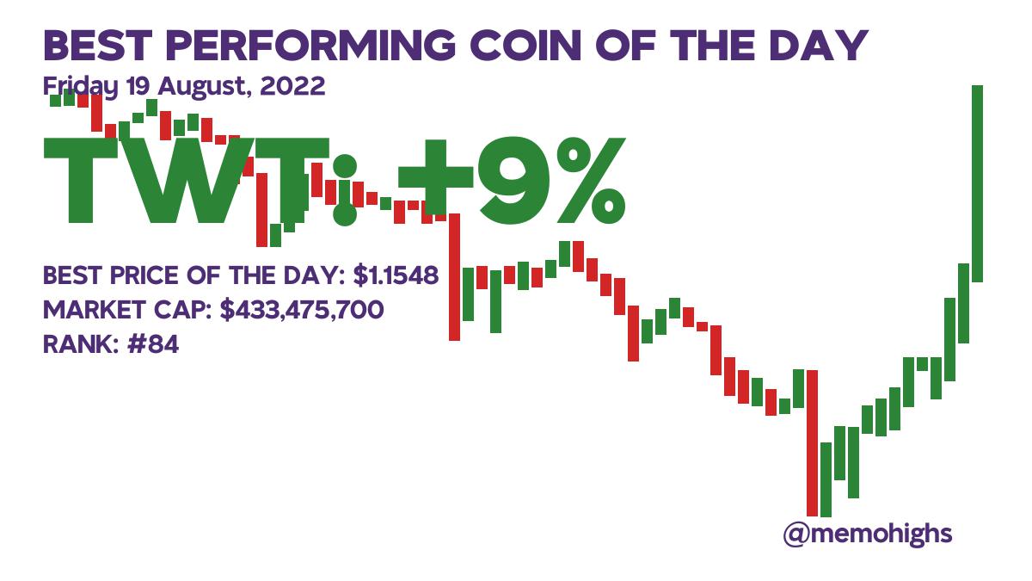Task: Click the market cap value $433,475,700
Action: [x=302, y=310]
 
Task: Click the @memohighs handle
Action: [x=868, y=534]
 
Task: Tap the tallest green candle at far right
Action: [x=977, y=182]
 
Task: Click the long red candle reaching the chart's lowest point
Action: [x=812, y=442]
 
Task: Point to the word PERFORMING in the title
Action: [x=305, y=46]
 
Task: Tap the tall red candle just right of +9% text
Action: [x=455, y=275]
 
